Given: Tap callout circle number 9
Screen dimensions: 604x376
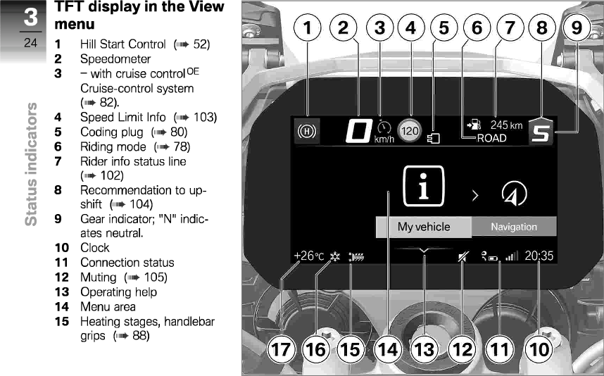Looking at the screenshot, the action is tap(577, 28).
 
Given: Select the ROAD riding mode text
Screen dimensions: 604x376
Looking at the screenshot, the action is tap(491, 138).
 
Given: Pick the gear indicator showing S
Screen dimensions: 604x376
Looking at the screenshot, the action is tap(541, 132).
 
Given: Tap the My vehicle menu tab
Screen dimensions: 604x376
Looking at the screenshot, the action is tap(423, 227).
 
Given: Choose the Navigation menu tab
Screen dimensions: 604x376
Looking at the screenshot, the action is tap(513, 227).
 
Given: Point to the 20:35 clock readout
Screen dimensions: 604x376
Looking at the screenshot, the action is tap(539, 256).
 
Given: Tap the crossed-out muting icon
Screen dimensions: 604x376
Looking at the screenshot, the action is tap(462, 258).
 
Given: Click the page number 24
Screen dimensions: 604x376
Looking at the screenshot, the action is tap(31, 44).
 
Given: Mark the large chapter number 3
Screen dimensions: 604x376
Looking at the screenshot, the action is tap(30, 18).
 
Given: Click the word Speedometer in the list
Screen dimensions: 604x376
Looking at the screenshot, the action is tap(115, 58).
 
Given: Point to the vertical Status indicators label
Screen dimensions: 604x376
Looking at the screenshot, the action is tap(31, 163).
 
